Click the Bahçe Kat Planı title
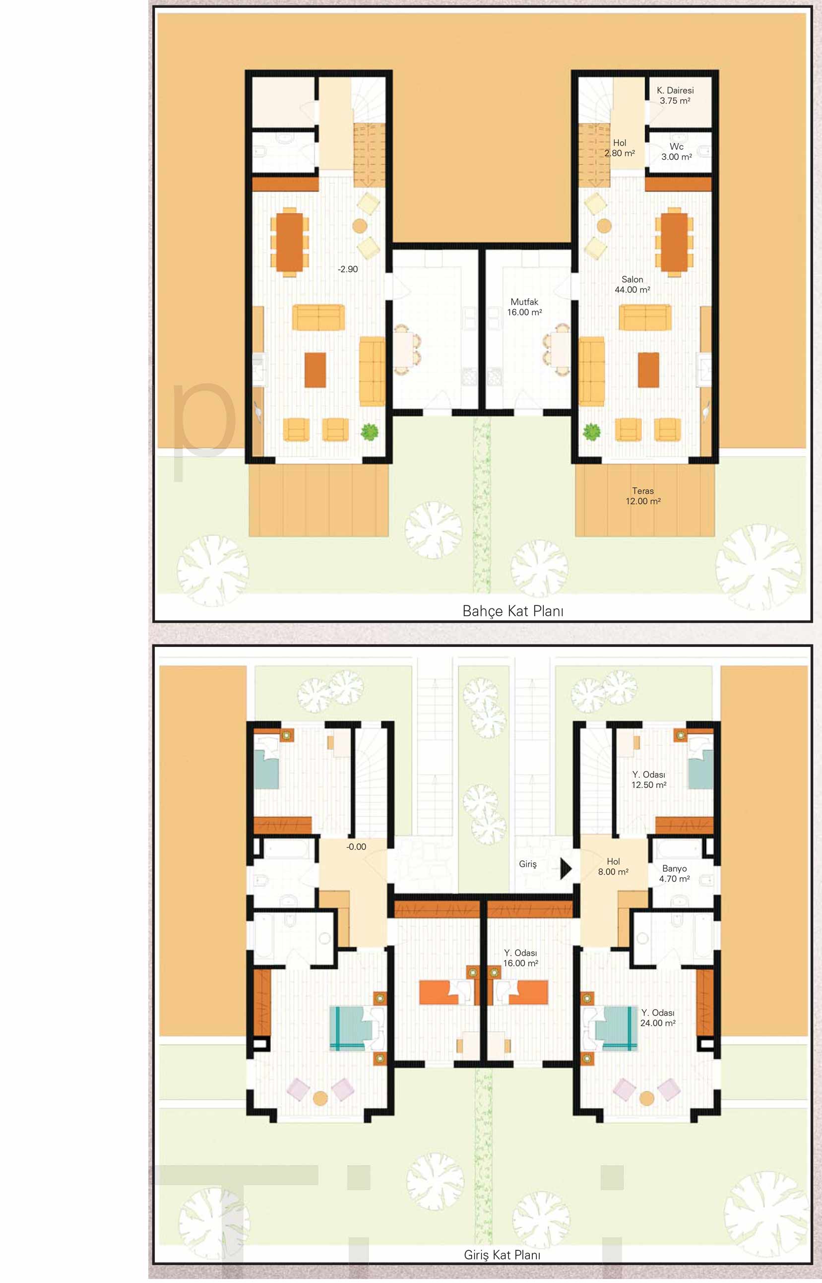click(513, 611)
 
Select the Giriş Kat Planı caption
click(502, 1255)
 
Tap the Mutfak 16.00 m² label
click(525, 307)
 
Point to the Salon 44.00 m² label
click(632, 284)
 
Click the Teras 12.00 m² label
click(643, 496)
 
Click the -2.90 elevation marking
click(347, 269)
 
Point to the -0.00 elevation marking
click(356, 847)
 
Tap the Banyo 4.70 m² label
click(675, 874)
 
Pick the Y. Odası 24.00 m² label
click(658, 1018)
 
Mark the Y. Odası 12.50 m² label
click(649, 780)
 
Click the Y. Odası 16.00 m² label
click(521, 958)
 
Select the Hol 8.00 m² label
click(613, 867)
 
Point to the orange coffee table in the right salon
click(648, 370)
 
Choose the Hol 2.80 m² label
click(620, 148)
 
